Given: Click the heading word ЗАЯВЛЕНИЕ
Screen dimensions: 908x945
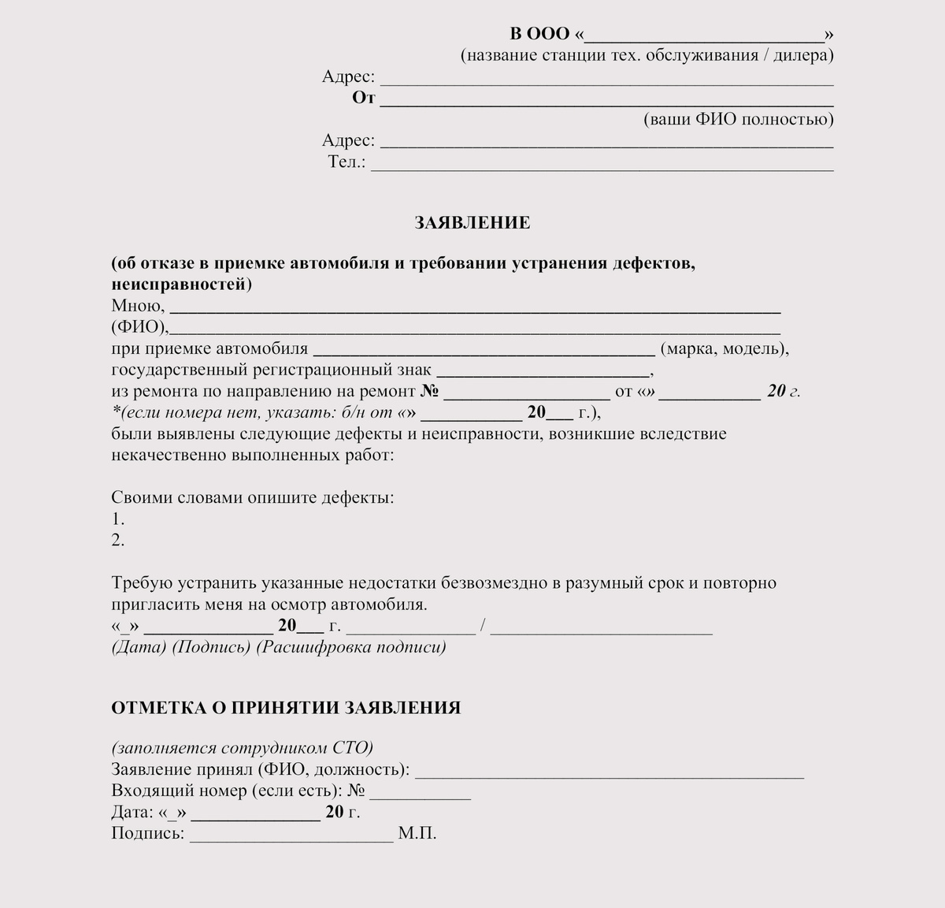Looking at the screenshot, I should pos(472,223).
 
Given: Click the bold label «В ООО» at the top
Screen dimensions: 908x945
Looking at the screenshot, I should pos(539,34).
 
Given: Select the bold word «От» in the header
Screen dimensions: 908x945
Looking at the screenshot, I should pos(364,99).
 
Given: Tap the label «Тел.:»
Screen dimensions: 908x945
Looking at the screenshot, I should pos(346,162).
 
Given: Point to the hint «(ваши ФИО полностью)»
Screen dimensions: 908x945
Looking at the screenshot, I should pos(738,120).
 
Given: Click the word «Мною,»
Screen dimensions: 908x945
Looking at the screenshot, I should pos(138,306).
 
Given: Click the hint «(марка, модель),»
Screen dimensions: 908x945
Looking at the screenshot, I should pos(724,348).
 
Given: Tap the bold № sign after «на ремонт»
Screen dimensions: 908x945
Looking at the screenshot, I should pos(429,391).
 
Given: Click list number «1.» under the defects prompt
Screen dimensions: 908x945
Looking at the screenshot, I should pos(118,519).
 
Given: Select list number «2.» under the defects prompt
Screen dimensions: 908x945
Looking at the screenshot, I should pos(118,541).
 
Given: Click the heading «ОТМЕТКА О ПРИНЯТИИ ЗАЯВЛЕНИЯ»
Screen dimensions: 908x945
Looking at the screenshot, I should pos(286,708).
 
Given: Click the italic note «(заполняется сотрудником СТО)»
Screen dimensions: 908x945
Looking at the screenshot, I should pos(242,748).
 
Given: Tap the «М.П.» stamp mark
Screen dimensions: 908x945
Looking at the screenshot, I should pos(417,834).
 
